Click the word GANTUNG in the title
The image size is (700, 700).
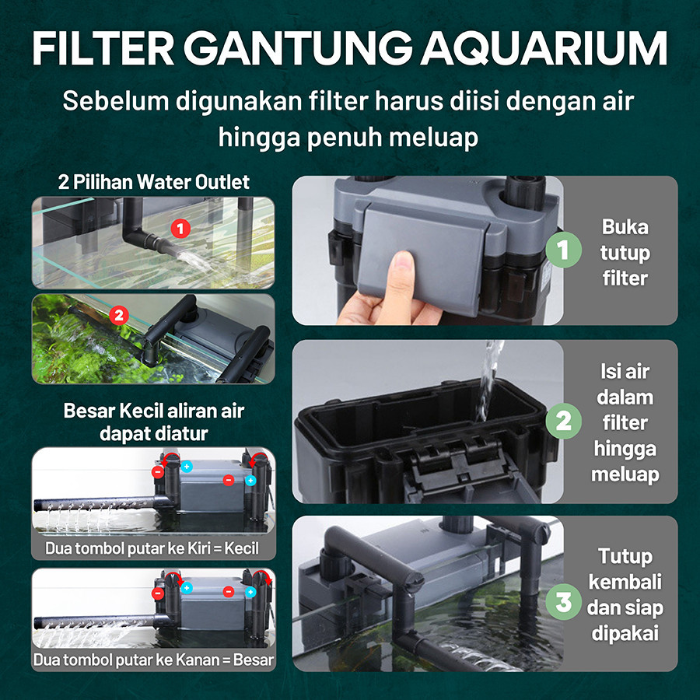[x=298, y=49]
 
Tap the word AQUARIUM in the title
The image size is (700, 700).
[x=544, y=49]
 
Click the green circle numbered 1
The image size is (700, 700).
[x=563, y=250]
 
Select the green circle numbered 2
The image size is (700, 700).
[x=563, y=421]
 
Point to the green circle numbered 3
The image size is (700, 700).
[x=563, y=601]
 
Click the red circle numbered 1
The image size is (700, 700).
[x=180, y=229]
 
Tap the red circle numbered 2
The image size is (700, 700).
[x=119, y=316]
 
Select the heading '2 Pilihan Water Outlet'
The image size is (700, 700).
[x=153, y=182]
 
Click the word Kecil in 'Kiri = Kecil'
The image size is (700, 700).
[x=241, y=548]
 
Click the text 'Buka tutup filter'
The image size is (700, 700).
[x=625, y=253]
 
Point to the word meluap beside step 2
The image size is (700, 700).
[x=625, y=474]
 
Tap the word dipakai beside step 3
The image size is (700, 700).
[x=625, y=633]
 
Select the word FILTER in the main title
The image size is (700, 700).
[x=103, y=49]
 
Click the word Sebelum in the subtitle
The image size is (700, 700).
[x=116, y=101]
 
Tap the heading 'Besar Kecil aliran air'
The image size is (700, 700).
[x=153, y=411]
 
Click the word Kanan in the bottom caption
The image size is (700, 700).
[x=199, y=660]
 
